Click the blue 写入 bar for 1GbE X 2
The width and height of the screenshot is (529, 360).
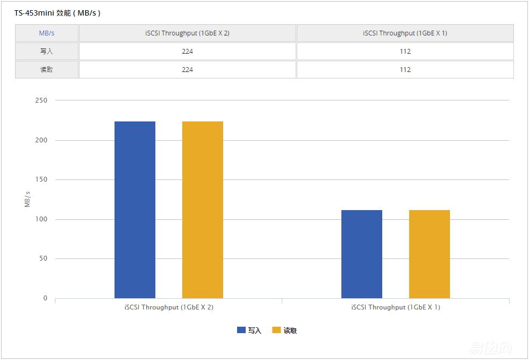[135, 210]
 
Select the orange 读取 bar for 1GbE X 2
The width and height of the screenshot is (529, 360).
[203, 210]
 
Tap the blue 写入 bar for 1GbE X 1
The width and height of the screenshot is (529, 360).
[362, 254]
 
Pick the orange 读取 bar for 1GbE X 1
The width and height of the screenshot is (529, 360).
[430, 254]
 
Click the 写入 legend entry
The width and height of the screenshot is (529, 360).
[249, 330]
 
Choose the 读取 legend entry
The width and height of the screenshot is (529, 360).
[284, 330]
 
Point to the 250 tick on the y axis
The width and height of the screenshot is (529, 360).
[42, 100]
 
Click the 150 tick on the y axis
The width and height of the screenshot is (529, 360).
[42, 179]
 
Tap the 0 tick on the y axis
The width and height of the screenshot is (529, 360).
[45, 298]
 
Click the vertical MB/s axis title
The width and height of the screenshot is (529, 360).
[27, 199]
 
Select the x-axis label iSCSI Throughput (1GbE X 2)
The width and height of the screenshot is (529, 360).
[169, 307]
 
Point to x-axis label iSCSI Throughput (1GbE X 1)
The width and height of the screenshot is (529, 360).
[396, 307]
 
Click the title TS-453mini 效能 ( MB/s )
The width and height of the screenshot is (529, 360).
[58, 13]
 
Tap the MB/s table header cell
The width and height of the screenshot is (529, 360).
[47, 33]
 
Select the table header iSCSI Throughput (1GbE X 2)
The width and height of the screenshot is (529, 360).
[187, 33]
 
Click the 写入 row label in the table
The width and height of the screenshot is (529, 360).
[47, 52]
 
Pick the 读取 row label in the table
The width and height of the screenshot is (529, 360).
[47, 70]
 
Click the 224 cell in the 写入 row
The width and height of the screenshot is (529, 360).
[187, 52]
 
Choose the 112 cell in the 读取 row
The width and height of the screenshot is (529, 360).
[405, 70]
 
